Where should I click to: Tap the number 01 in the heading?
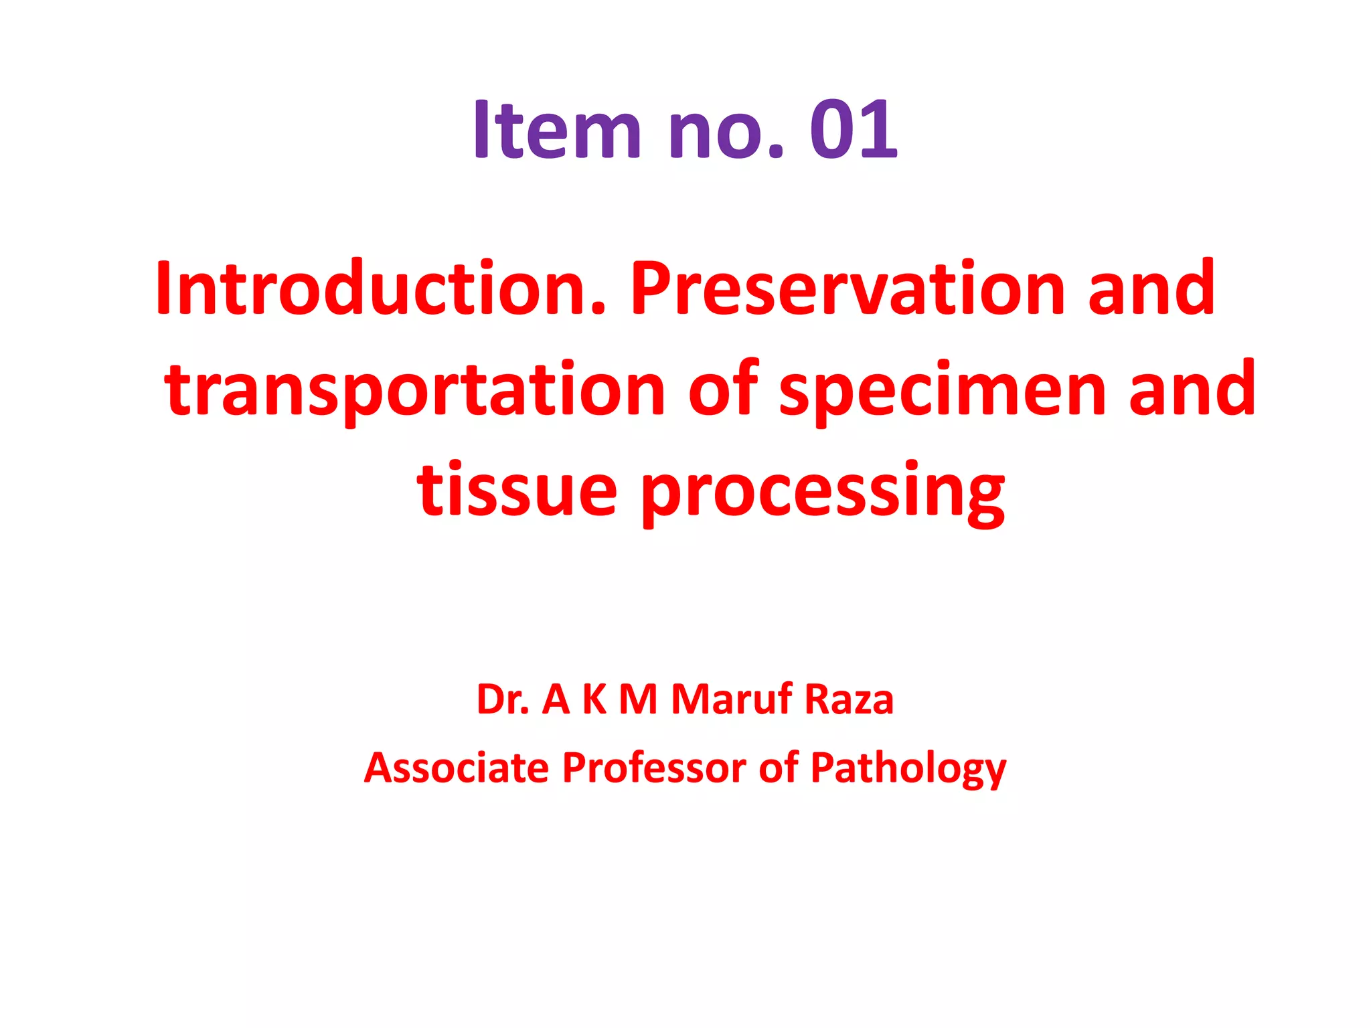[854, 129]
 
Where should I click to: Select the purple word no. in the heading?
[726, 129]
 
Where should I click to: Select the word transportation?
[415, 390]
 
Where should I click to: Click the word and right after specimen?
[1192, 390]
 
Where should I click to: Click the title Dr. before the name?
[503, 699]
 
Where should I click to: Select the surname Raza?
[849, 699]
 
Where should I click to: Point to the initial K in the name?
[594, 699]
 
